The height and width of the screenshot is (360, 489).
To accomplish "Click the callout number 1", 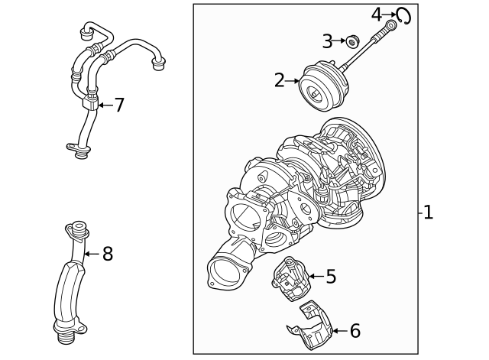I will [428, 212].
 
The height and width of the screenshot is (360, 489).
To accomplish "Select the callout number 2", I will [280, 79].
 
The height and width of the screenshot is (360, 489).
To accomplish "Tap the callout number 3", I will [327, 41].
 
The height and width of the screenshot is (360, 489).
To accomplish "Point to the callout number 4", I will [377, 14].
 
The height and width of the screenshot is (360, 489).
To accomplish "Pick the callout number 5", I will [330, 277].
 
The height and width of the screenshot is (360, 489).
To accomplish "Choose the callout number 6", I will [354, 331].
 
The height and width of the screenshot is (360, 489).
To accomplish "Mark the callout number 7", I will [118, 105].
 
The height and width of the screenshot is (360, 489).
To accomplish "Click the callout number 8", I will [107, 254].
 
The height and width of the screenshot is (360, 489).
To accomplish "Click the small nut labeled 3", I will [352, 41].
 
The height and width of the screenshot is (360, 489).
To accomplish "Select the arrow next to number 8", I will [92, 254].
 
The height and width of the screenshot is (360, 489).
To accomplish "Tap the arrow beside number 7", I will [104, 105].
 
